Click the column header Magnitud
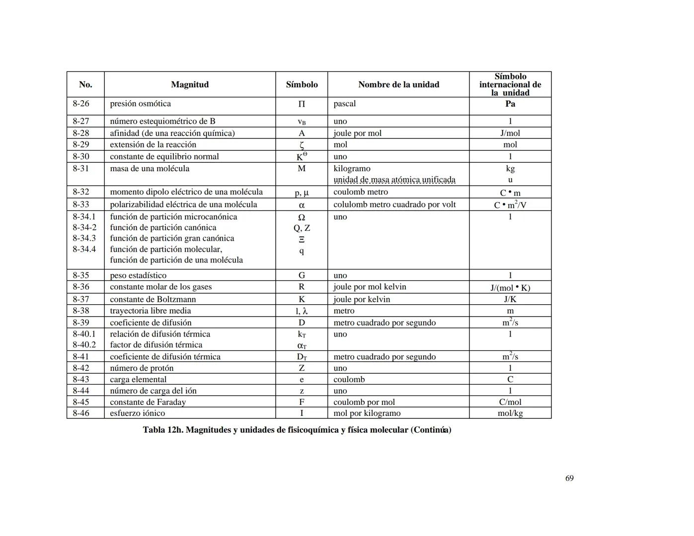tap(190, 84)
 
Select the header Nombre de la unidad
tap(398, 84)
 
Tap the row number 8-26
tap(81, 104)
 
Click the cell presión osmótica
tap(140, 104)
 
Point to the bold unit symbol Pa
tap(510, 104)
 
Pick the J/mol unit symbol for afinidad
tap(510, 133)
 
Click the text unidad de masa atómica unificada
tap(394, 180)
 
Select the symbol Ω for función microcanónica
tap(302, 217)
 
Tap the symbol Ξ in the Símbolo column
tap(302, 239)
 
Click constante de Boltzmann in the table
tap(153, 299)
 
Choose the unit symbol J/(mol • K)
tap(510, 287)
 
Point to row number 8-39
tap(81, 323)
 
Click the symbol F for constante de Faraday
tap(302, 402)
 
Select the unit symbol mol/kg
tap(510, 413)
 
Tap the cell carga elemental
tap(138, 379)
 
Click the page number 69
tap(569, 478)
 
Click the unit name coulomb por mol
tap(364, 402)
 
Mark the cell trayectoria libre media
tap(150, 311)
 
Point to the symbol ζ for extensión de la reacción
tap(302, 145)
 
